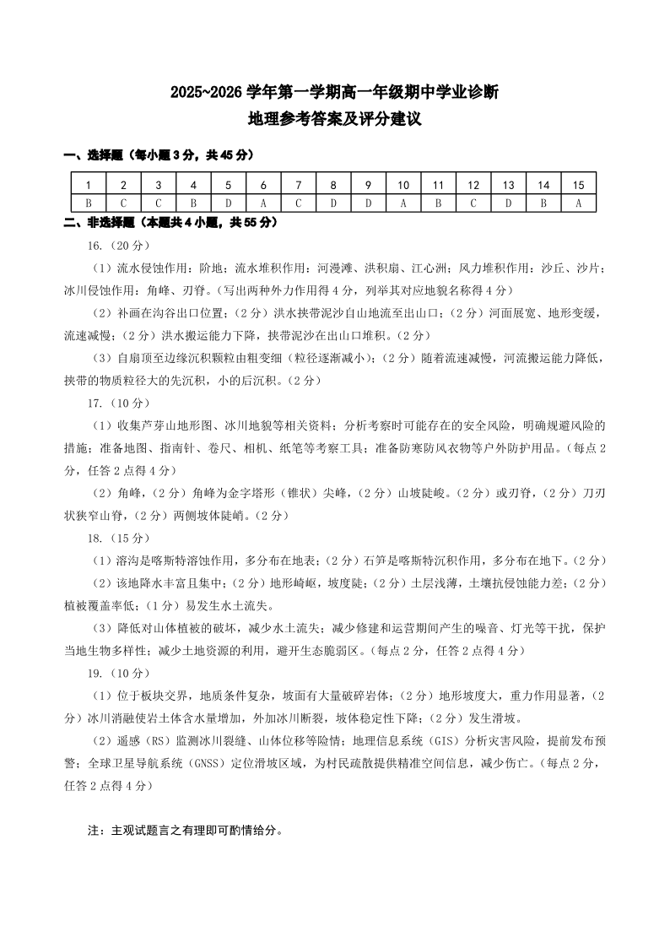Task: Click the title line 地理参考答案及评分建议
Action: point(335,121)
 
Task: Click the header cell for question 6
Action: point(263,185)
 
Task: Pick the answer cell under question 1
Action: point(88,203)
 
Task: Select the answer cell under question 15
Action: point(579,203)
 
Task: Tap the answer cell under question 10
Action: point(403,203)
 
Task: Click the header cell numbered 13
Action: point(509,185)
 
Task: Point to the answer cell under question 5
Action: point(228,203)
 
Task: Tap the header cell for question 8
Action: point(333,185)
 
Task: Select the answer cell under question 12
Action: point(473,203)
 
